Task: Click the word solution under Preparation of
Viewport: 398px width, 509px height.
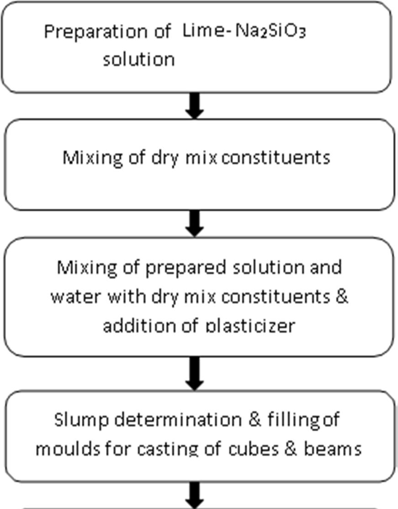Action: tap(138, 59)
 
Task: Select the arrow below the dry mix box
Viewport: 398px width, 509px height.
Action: tap(195, 223)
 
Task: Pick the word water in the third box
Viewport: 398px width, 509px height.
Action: tap(76, 297)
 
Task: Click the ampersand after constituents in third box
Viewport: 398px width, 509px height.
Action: tap(341, 297)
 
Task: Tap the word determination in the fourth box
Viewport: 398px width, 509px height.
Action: tap(179, 419)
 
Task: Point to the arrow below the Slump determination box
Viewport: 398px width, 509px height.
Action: tap(195, 495)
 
